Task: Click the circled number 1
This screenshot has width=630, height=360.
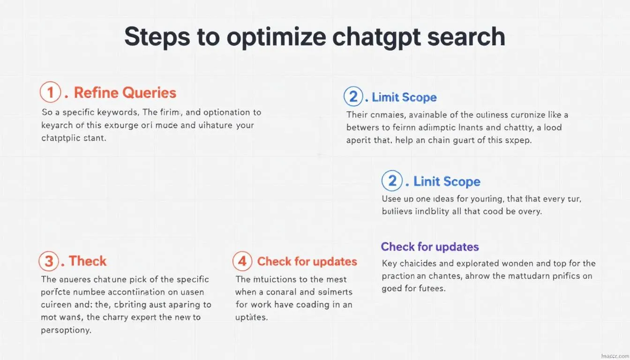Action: [x=51, y=92]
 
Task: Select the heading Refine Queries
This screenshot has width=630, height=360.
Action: [x=125, y=93]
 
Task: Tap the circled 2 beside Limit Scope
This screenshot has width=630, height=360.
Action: [x=353, y=97]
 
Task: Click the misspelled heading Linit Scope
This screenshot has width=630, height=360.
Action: [x=447, y=182]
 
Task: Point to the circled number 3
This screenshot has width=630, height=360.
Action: [x=49, y=261]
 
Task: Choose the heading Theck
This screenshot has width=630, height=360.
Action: [x=88, y=261]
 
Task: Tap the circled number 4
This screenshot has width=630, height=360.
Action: [x=242, y=261]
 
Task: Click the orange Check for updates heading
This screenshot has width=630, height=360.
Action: [x=307, y=262]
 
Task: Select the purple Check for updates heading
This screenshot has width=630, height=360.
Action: [x=430, y=247]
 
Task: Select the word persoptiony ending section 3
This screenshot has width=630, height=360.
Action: [x=66, y=330]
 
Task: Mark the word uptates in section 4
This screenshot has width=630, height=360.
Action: [x=251, y=317]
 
